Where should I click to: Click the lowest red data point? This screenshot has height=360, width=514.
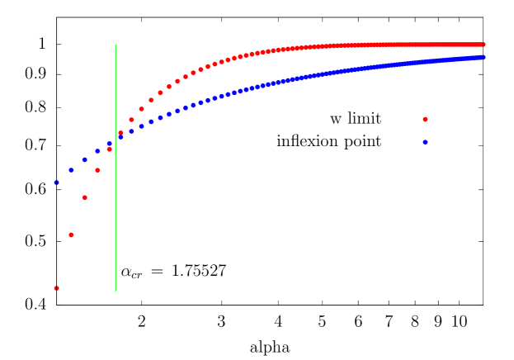point(56,288)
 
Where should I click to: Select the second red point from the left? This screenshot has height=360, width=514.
point(71,234)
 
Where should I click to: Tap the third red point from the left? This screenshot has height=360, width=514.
point(84,197)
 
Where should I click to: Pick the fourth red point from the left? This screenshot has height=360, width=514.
point(97,170)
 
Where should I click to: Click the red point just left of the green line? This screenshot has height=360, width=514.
point(109,149)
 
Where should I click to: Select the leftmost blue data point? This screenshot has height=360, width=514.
point(56,182)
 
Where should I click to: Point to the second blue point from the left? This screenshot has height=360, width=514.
point(71,170)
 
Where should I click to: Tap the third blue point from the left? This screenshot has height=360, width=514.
point(84,159)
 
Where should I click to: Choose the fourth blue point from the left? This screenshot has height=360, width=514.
point(97,151)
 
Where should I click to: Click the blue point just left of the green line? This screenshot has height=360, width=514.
point(109,144)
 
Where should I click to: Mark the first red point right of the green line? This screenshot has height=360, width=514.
point(120,133)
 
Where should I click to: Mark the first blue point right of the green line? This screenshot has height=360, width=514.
point(120,137)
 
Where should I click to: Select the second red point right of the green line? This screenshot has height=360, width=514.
point(131,120)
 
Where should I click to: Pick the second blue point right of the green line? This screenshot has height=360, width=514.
point(131,131)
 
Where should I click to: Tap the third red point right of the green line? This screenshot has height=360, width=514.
point(141,109)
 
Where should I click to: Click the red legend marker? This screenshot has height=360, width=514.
point(425,120)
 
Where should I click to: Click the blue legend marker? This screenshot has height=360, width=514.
point(425,142)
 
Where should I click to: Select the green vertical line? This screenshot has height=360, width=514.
point(116,206)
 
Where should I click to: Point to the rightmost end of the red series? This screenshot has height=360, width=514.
point(483,45)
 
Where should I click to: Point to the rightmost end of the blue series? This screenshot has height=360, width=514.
point(483,57)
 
